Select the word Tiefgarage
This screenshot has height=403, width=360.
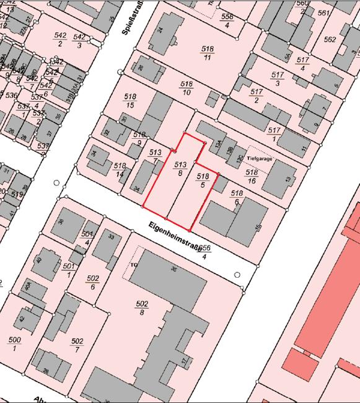coord(260,158)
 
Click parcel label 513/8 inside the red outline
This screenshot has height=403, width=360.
coord(180,169)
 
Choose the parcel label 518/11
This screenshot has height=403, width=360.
coord(208,52)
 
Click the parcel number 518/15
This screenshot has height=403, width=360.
coord(130,101)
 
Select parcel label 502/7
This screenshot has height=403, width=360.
coord(77,345)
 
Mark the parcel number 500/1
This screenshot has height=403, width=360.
coord(14,343)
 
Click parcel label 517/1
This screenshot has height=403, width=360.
coord(275,134)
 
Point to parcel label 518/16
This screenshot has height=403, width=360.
coord(252,176)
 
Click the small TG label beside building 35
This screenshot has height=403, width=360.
coord(132,265)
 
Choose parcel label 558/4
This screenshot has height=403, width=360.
coord(227,20)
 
